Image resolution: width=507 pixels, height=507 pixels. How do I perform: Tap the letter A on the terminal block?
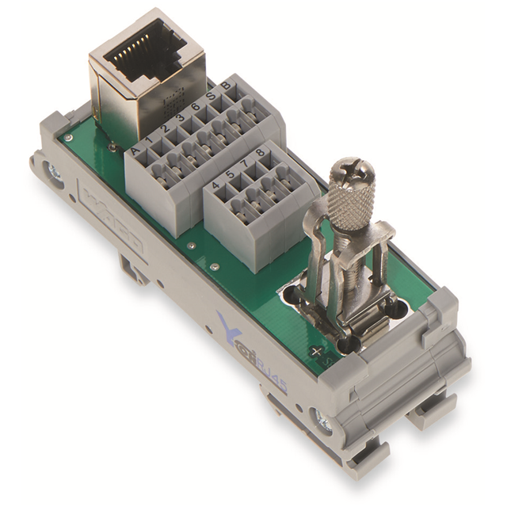[x=136, y=149]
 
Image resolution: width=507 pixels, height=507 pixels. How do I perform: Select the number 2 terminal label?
[x=166, y=128]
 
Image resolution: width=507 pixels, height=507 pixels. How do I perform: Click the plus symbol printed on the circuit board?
[x=318, y=351]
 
